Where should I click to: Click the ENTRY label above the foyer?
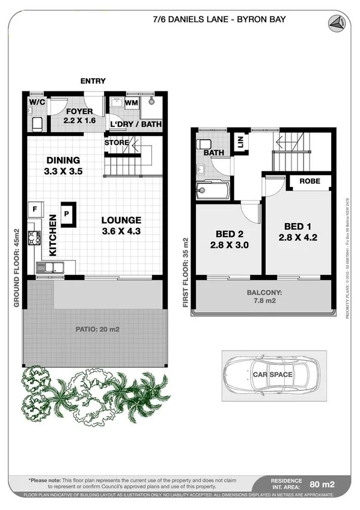coord(93,81)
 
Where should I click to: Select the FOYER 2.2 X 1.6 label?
coord(79,116)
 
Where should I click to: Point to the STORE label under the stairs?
coord(117,143)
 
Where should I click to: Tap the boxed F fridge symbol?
coord(34,209)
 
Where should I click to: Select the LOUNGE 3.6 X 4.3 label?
coord(121,225)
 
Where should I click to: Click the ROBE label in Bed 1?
coord(310,181)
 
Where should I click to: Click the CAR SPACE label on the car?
coord(272,375)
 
